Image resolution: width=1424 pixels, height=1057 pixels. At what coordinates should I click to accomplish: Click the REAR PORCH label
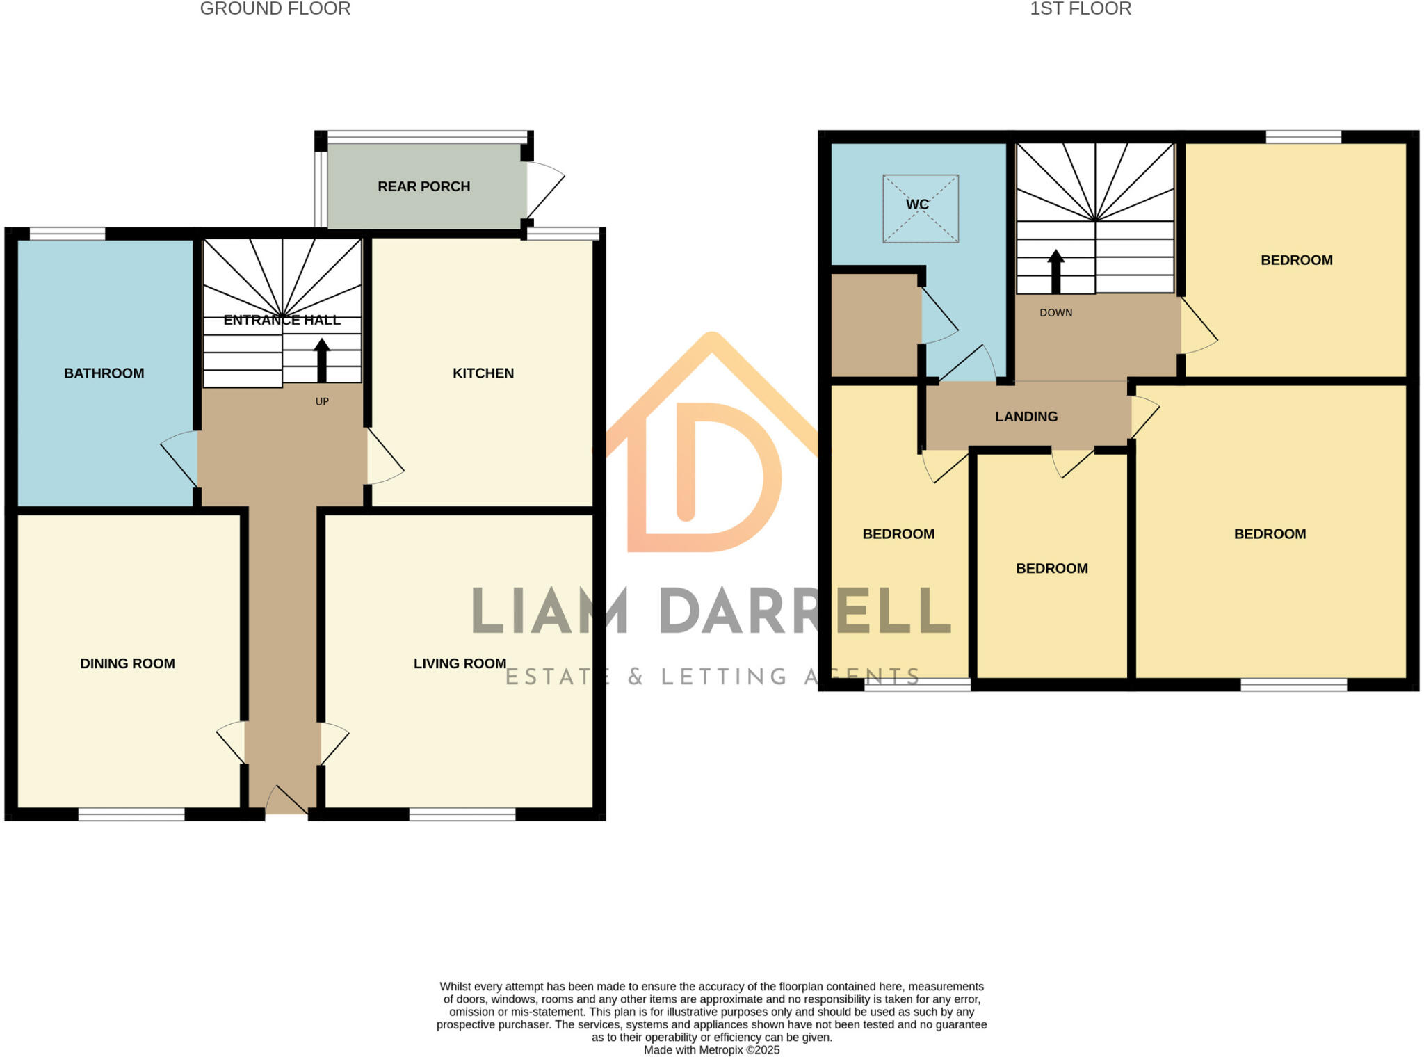[423, 186]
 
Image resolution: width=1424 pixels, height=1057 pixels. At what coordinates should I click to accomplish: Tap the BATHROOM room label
[104, 373]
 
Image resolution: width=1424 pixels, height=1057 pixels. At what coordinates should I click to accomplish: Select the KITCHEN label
[483, 373]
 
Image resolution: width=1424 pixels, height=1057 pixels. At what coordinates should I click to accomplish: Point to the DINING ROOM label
[127, 663]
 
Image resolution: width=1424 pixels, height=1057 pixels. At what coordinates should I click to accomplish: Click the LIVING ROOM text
[460, 663]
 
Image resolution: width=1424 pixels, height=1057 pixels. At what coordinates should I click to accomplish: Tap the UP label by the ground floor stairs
[322, 402]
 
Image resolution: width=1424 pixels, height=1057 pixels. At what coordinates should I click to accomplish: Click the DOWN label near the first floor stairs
[1055, 313]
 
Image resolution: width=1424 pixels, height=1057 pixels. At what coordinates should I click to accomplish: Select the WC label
[917, 204]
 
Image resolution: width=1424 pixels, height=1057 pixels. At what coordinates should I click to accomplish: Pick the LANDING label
[1026, 417]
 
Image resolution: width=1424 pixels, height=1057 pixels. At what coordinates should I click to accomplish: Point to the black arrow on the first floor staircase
[1055, 271]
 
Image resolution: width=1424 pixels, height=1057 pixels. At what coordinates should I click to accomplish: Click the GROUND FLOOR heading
[275, 9]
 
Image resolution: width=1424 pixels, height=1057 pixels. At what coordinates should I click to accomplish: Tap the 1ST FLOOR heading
[1081, 9]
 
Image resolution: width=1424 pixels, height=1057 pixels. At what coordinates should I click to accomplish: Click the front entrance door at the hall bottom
[286, 801]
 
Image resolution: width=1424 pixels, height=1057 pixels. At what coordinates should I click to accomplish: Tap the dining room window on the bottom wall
[131, 814]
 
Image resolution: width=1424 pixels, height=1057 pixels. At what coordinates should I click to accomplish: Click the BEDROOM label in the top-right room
[1296, 260]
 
